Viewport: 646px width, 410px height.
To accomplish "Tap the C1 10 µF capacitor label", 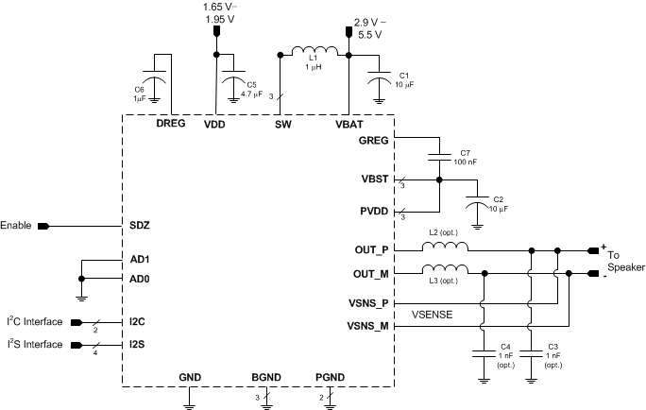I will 404,80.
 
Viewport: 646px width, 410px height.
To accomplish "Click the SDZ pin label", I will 140,227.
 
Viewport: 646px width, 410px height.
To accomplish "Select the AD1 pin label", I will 140,259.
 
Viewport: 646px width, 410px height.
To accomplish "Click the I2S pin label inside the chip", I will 138,345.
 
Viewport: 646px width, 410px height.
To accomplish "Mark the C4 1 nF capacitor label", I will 505,353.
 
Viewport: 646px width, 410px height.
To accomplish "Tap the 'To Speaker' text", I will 623,262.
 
